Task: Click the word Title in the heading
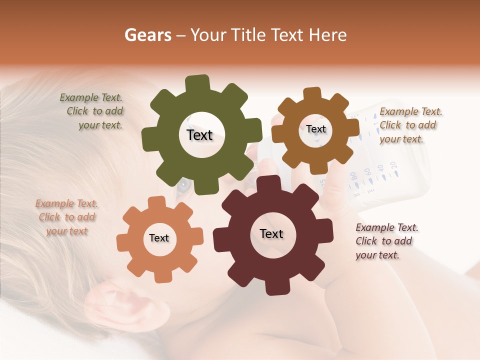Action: point(249,35)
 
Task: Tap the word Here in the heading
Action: point(328,35)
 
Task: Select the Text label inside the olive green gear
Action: point(199,135)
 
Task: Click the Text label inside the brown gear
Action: point(316,129)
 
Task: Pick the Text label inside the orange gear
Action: point(159,238)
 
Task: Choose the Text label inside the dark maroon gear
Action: point(271,233)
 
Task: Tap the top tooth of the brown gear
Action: point(312,94)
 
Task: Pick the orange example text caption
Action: point(66,217)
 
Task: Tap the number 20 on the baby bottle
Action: point(393,164)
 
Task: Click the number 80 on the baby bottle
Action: point(353,175)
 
